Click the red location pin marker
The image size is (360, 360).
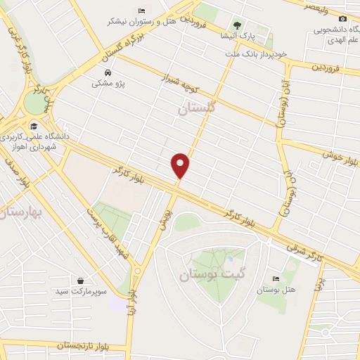click(181, 165)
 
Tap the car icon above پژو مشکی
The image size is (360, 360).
click(107, 72)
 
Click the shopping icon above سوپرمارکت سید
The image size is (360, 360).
click(82, 280)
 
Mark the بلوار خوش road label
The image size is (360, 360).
click(340, 156)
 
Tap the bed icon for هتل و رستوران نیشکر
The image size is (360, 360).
click(142, 11)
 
